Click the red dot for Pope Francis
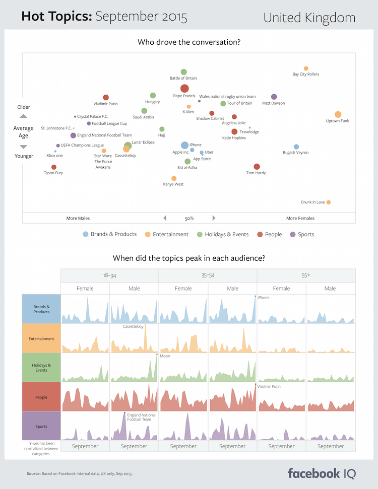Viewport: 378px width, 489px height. tap(184, 89)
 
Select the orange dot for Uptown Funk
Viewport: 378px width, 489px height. tap(338, 114)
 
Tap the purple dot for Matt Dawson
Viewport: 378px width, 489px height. tap(274, 97)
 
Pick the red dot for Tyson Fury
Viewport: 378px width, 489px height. tap(54, 167)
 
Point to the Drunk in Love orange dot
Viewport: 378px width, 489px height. tap(328, 202)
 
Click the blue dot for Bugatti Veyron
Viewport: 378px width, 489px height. tap(296, 147)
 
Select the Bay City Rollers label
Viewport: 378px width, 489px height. tap(305, 74)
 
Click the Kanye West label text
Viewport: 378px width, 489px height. tap(173, 184)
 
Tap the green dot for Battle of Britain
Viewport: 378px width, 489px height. tap(183, 72)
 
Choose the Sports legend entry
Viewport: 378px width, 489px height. tap(302, 234)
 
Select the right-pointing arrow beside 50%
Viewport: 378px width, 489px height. tap(214, 218)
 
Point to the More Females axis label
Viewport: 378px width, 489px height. tap(300, 218)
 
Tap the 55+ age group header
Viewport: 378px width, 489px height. tap(306, 275)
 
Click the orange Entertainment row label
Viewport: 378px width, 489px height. tap(41, 339)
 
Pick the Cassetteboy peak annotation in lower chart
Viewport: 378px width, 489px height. tap(133, 327)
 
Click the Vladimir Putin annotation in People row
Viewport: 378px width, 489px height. tap(269, 386)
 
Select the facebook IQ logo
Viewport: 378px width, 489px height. tap(322, 473)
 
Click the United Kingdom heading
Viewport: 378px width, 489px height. tap(309, 18)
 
